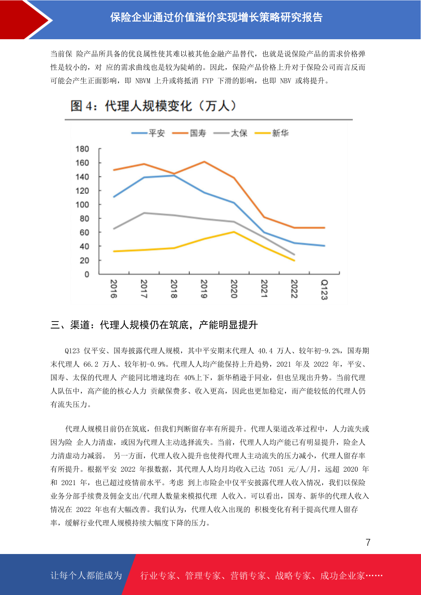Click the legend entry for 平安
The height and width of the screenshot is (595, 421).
point(148,133)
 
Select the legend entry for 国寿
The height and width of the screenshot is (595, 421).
point(189,133)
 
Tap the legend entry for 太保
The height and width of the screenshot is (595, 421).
point(230,133)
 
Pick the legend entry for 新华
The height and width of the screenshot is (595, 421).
point(271,133)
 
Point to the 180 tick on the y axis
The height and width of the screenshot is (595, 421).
point(82,149)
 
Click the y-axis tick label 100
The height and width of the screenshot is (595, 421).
point(82,205)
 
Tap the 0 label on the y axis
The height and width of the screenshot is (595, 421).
point(87,275)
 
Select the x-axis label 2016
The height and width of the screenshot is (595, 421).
point(114,289)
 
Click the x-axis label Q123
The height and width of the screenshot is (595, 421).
point(324,289)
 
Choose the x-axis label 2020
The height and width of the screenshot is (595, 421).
point(234,289)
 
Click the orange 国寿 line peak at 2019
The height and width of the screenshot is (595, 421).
point(204,161)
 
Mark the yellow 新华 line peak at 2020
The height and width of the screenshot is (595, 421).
point(234,232)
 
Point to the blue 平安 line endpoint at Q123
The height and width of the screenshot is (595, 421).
point(324,246)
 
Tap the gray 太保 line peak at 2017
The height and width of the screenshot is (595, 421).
point(144,213)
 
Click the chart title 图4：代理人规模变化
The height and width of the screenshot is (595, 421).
point(153,106)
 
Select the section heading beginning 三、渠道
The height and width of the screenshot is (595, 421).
point(154,325)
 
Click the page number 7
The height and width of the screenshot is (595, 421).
point(368,542)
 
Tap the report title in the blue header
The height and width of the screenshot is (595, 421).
point(216,18)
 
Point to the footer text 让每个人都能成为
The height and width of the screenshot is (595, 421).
point(86,575)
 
